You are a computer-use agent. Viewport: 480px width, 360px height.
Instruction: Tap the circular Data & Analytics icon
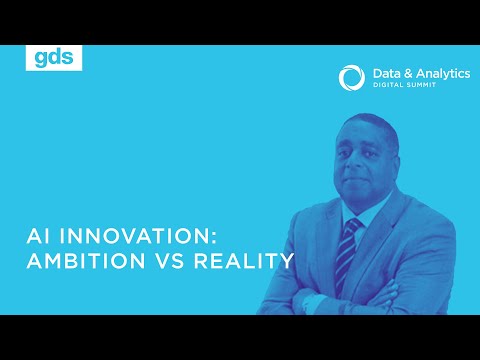[x=350, y=78]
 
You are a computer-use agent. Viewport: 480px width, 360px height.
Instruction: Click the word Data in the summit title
[x=384, y=73]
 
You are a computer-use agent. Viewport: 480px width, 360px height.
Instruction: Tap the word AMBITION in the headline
[x=86, y=262]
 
